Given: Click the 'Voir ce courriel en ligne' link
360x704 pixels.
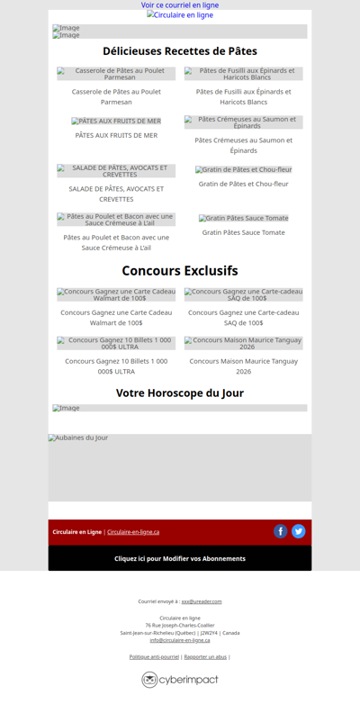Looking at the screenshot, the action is coord(180,5).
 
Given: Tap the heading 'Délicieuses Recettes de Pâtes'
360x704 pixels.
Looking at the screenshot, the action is coord(180,51).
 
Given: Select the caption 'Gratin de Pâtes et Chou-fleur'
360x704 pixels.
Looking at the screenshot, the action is coord(243,184).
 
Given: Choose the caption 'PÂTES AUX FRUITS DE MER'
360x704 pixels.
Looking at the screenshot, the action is coord(116,135).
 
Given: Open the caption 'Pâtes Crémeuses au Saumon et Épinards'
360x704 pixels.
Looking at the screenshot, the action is coord(243,145).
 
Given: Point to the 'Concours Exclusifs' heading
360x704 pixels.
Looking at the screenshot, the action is coord(180,270).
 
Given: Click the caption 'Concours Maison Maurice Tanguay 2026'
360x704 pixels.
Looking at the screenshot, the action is coord(243,366).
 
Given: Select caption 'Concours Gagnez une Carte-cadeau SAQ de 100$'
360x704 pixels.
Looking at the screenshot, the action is coord(243,317).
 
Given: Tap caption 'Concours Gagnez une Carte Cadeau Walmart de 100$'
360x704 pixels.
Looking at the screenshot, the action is coord(116,317).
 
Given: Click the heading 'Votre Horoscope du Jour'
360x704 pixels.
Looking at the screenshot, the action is coord(180,393).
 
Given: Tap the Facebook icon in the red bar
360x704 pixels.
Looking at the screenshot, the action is coord(281,531).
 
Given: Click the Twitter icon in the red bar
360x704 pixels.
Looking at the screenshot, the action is coord(299,531).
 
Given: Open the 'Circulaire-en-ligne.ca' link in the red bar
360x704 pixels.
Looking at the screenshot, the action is coord(133,532).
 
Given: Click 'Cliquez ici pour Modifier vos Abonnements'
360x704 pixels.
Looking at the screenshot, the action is coord(180,558).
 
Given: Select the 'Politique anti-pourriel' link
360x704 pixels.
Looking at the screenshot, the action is coord(154,657).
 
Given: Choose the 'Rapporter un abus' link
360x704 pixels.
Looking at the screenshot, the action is coord(205,657).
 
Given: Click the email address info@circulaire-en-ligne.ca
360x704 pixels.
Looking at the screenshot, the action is coord(180,640).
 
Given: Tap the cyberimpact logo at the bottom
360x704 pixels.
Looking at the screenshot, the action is coord(180,680).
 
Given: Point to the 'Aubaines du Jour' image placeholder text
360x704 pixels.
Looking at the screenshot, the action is coord(78,438).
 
